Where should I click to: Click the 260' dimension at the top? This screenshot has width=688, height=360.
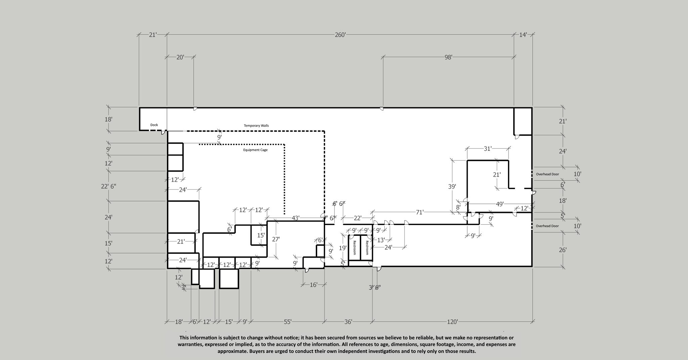340,35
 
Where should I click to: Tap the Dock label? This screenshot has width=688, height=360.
154,125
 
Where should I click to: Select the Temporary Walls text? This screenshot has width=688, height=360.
256,126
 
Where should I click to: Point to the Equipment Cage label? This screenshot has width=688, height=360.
255,150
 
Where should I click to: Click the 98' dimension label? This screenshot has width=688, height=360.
448,57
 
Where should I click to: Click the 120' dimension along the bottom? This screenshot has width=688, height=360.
452,322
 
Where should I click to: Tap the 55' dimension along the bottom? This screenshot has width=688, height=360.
288,322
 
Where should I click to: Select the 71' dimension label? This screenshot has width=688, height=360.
420,212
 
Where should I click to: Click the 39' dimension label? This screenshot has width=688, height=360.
452,186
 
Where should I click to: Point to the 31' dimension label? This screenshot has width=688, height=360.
487,148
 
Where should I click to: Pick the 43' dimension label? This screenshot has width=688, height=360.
295,218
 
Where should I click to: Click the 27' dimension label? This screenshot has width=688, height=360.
276,239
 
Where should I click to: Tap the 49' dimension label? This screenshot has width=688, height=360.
500,204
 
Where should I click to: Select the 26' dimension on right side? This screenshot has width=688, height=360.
563,250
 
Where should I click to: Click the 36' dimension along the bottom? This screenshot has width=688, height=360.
348,322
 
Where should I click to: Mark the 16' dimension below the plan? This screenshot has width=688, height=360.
313,285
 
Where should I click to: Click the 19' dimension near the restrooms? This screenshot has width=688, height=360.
342,248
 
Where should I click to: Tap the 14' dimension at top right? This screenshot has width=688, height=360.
523,35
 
